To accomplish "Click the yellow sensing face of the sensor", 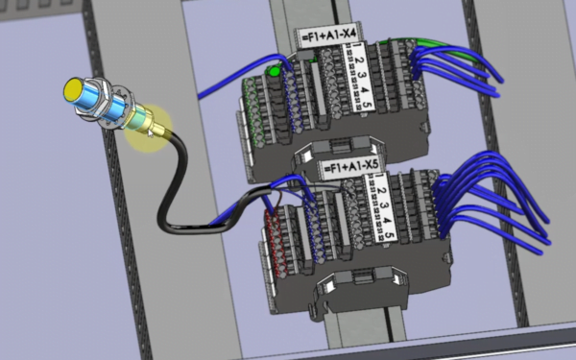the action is pos(73,89).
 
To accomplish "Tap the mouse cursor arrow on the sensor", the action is pos(151,133).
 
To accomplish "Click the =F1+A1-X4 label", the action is pos(329,36).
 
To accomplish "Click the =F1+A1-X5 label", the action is pos(350,167).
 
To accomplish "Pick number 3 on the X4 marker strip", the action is pos(362,75).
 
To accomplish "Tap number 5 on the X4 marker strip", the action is pos(368,105).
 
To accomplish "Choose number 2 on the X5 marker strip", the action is pos(381,191).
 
